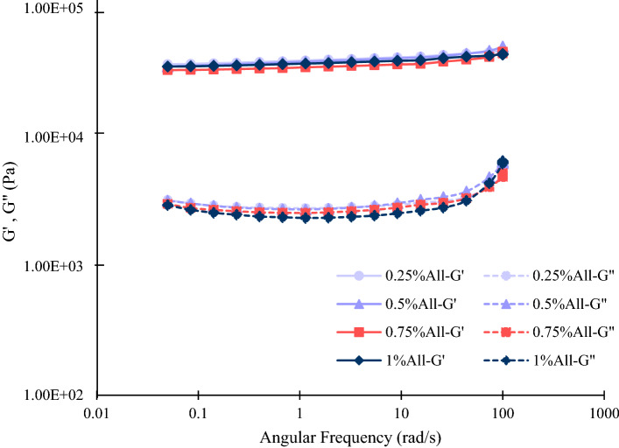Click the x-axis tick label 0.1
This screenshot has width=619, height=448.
click(x=199, y=412)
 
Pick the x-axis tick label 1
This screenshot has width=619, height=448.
click(x=299, y=412)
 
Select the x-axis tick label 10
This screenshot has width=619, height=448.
click(x=401, y=412)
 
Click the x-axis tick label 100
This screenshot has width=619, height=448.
click(x=502, y=412)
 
